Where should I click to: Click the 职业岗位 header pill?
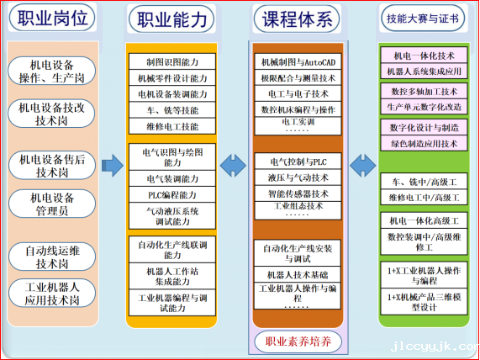[x=52, y=18]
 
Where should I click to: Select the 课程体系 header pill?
[x=297, y=19]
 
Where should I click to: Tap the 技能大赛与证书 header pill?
[x=423, y=18]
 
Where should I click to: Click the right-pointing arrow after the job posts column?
[x=113, y=166]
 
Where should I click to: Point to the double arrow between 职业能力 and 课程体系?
[x=233, y=166]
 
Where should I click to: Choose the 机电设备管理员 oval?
[x=52, y=204]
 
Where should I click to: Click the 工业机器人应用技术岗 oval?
[x=52, y=294]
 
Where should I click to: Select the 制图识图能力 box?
[x=172, y=61]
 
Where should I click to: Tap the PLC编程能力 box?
[x=172, y=194]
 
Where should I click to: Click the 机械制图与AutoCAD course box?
[x=298, y=62]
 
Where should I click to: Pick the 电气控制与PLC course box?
[x=298, y=161]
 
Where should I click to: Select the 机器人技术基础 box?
[x=298, y=274]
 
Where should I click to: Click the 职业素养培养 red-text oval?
[x=298, y=341]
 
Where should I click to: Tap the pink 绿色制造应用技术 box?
[x=424, y=143]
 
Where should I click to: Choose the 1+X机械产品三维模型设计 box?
[x=424, y=301]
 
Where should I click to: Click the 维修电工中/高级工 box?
[x=424, y=198]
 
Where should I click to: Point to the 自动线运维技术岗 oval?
[x=52, y=257]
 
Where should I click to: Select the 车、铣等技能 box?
[x=172, y=110]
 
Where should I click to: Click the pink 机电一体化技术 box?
[x=424, y=56]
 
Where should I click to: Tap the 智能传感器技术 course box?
[x=298, y=193]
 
